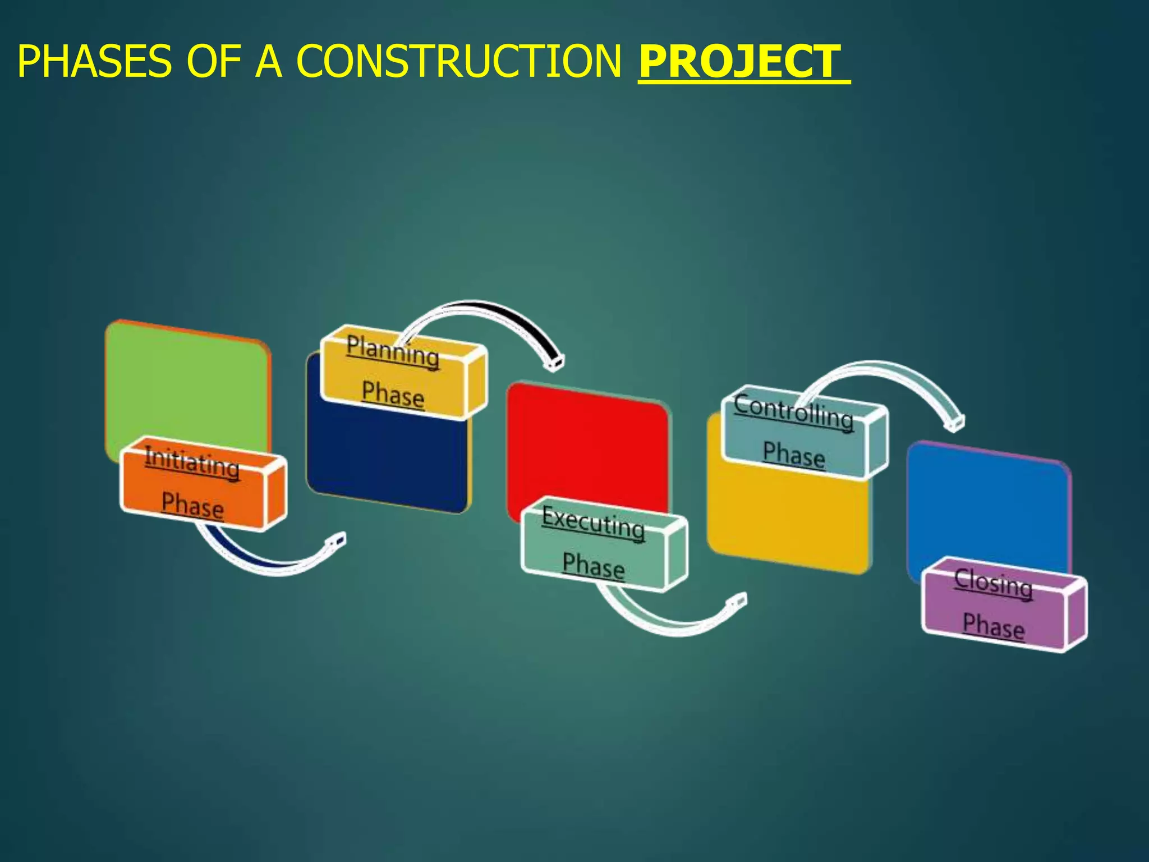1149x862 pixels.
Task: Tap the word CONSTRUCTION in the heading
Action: (x=459, y=62)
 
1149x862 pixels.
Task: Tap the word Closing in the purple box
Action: (x=993, y=583)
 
